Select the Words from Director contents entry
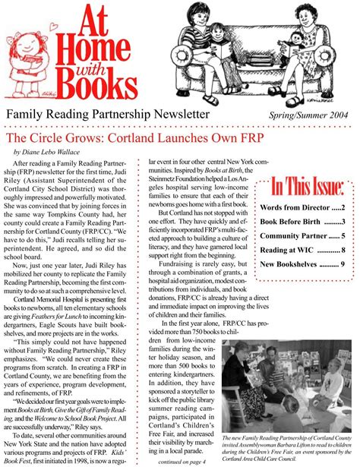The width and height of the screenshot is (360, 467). (302, 207)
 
